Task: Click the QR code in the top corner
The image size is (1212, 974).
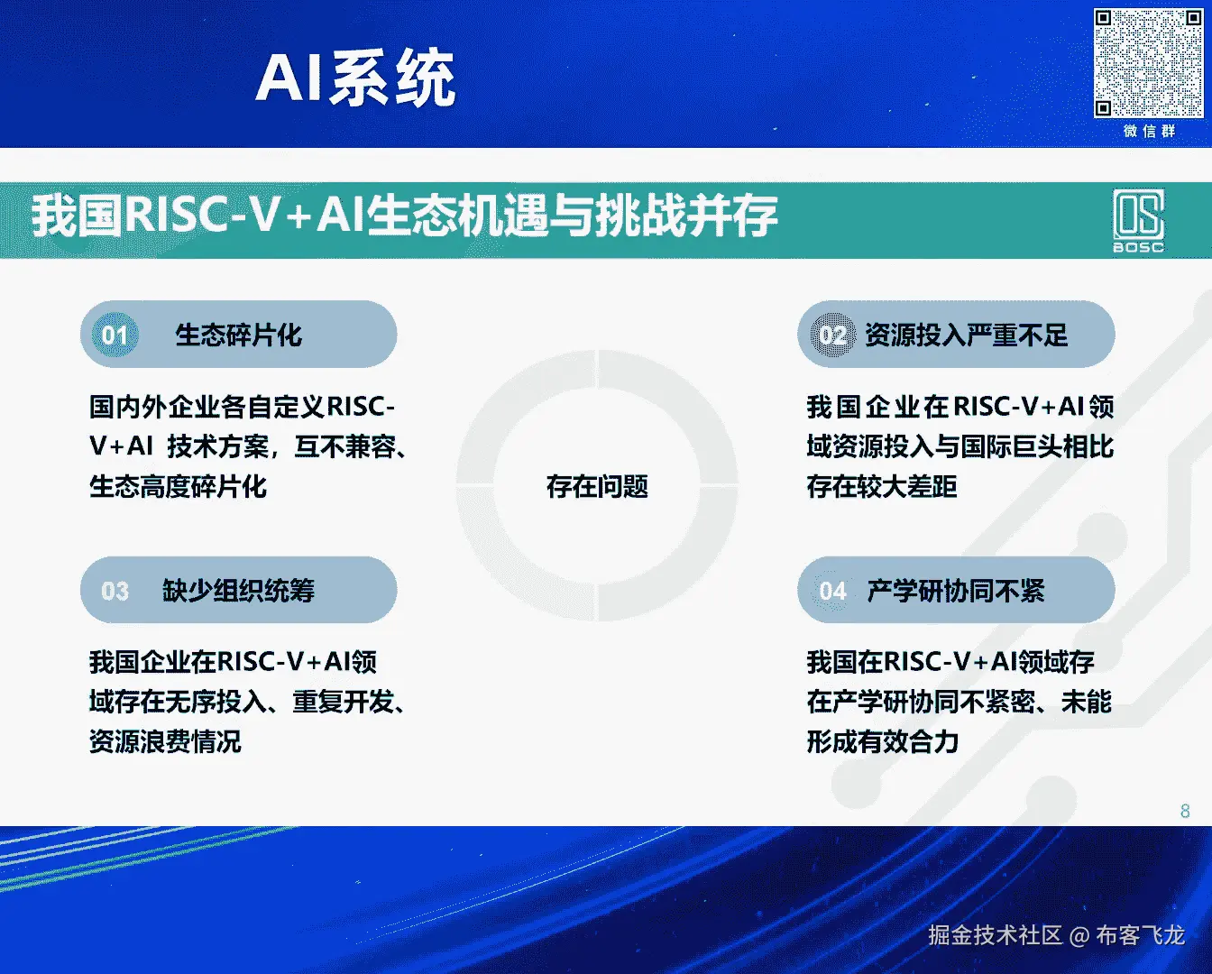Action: [x=1148, y=63]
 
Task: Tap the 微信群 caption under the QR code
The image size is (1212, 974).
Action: [x=1150, y=132]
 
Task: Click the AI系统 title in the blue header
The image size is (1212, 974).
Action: [x=355, y=78]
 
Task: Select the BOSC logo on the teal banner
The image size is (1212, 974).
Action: [x=1138, y=221]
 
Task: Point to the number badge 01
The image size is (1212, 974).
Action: [x=115, y=335]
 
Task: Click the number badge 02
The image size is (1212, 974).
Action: [x=833, y=335]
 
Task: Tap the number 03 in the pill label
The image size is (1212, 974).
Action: [x=115, y=591]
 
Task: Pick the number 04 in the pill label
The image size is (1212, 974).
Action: [x=833, y=591]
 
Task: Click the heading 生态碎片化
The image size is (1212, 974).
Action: [x=239, y=335]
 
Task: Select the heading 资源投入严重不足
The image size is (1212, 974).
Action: [x=967, y=335]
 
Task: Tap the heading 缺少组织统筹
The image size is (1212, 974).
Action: [x=238, y=591]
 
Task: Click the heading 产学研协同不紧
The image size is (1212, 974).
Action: [x=956, y=591]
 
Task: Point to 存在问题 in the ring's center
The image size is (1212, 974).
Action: [x=597, y=486]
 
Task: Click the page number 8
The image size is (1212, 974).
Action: [x=1185, y=811]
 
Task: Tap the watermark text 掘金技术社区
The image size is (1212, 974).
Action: [x=996, y=936]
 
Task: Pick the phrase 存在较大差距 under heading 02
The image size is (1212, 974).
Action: [x=882, y=487]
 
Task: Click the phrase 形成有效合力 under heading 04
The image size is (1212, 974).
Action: [x=883, y=742]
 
